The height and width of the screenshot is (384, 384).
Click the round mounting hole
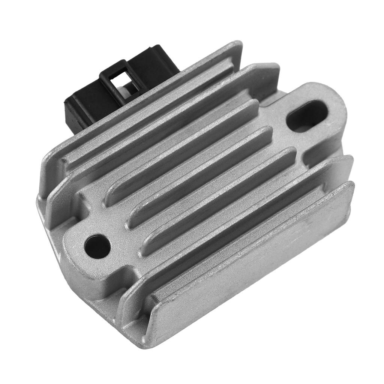tap(97, 246)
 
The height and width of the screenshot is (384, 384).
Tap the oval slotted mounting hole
tap(307, 116)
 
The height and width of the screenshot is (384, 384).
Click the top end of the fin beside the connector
tap(236, 47)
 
